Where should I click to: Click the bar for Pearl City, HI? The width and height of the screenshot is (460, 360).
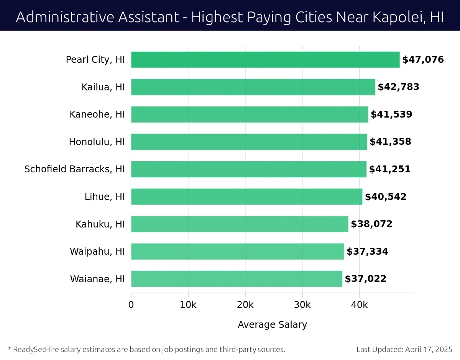tap(265, 60)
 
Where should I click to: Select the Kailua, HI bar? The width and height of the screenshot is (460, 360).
tap(253, 87)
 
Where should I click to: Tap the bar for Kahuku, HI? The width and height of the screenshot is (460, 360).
tap(240, 224)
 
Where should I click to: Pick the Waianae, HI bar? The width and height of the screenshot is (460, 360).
tap(237, 279)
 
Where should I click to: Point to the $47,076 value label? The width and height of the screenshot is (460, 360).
tap(423, 60)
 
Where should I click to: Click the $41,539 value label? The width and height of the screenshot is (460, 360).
tap(391, 115)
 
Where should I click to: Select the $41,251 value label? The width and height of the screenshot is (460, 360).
tap(389, 169)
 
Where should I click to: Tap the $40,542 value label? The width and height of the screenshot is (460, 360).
tap(386, 197)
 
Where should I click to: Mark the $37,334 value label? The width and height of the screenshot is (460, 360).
tap(367, 252)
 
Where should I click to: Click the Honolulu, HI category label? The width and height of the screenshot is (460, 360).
tap(97, 142)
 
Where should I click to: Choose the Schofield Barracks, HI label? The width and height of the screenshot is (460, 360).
tap(74, 169)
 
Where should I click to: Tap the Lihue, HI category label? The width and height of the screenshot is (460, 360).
tap(105, 197)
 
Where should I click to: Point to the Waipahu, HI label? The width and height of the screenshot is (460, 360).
tap(97, 252)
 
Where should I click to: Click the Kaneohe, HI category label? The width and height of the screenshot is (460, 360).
tap(97, 115)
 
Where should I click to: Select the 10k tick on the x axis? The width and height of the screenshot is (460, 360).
tap(188, 305)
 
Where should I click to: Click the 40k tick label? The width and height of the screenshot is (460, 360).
tap(359, 305)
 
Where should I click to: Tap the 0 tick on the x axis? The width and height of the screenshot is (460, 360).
tap(131, 305)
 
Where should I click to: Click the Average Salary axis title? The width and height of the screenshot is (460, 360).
tap(272, 325)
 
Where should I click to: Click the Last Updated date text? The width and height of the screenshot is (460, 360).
tap(404, 349)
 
